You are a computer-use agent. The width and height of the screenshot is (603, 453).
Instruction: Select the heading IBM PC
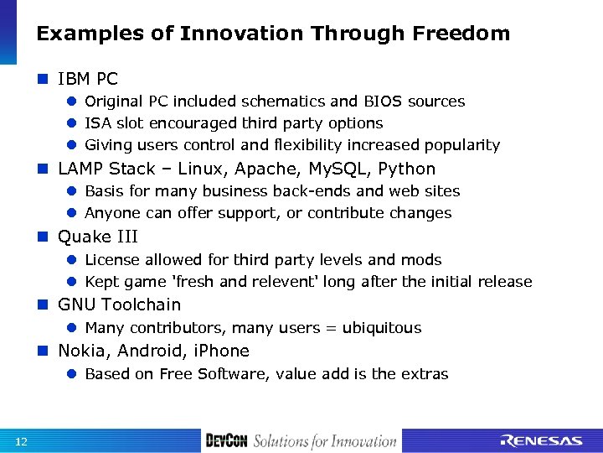88,79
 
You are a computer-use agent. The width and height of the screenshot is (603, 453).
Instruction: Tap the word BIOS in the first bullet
383,102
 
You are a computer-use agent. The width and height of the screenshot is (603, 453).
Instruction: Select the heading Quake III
98,237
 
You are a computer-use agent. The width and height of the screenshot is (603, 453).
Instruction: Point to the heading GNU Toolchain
119,305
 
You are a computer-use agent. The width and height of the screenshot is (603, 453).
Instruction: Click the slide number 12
21,442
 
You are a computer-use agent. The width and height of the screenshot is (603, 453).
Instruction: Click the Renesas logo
541,441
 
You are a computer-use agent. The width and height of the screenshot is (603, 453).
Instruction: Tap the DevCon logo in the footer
226,441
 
